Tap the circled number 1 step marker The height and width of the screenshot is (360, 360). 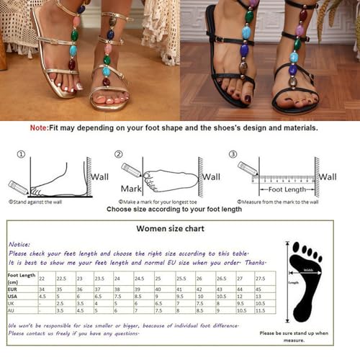tap(22, 154)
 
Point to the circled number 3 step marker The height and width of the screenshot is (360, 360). tap(233, 154)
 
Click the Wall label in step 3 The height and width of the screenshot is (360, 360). tap(328, 176)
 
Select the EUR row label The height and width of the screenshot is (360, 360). tap(13, 288)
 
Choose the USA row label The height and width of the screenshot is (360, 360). tap(13, 296)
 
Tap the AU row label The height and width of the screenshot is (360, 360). tap(12, 311)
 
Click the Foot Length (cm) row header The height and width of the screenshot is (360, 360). tap(21, 277)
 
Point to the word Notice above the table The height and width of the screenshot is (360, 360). tap(19, 244)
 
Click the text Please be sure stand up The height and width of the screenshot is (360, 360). tap(293, 333)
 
